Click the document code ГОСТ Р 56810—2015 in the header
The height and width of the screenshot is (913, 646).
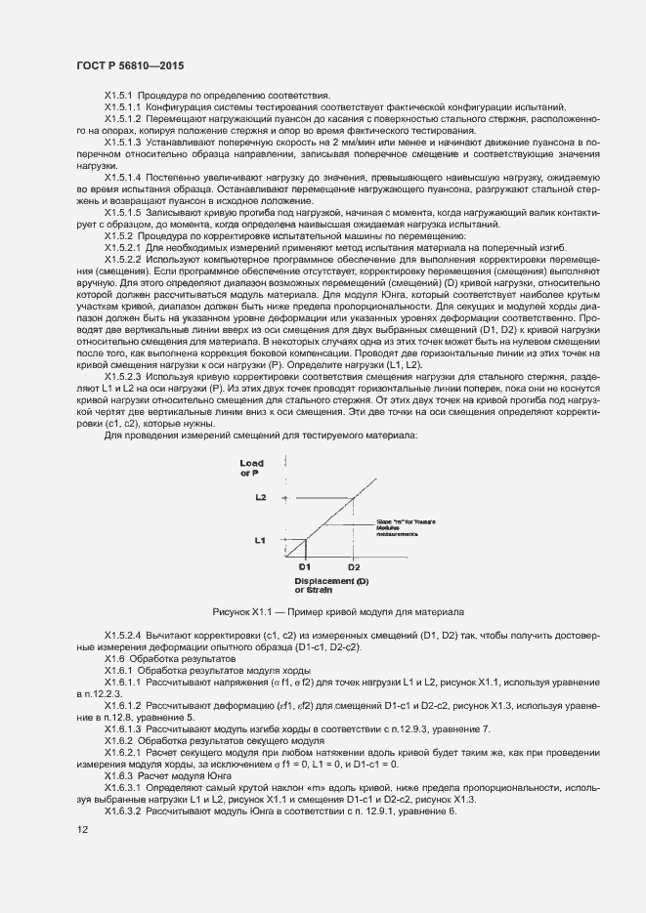(129, 65)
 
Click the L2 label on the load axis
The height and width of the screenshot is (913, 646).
(261, 497)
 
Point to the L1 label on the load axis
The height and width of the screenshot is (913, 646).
(261, 539)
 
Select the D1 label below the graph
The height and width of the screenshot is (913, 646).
(304, 567)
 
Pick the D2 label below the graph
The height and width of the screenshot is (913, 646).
(354, 567)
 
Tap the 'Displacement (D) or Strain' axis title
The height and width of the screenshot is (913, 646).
(330, 586)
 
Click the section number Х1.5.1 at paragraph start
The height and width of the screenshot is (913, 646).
(119, 95)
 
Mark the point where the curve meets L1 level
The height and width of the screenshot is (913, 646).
(305, 539)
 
